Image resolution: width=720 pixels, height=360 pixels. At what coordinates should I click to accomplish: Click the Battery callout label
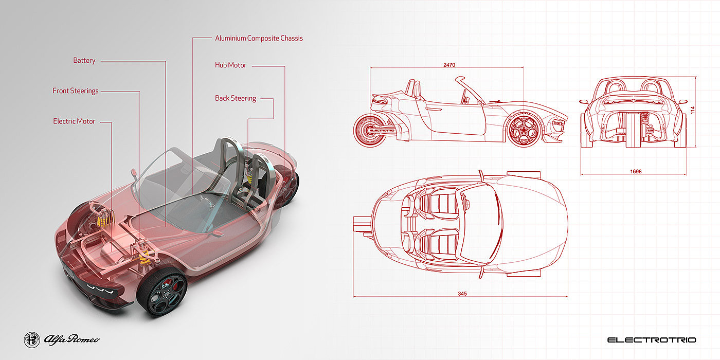[84, 61]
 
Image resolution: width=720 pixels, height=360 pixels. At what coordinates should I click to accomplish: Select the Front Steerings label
[75, 91]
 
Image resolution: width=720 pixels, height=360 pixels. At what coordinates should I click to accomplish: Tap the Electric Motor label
[74, 121]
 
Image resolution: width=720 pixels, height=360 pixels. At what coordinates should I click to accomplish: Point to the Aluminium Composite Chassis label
[259, 38]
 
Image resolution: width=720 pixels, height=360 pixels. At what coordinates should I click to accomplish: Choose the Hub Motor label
[230, 65]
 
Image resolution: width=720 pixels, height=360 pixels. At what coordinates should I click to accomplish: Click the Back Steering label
[235, 98]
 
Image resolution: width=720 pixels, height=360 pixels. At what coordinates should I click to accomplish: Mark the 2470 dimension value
[449, 65]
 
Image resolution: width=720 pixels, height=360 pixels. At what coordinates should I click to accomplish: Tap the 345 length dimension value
[462, 293]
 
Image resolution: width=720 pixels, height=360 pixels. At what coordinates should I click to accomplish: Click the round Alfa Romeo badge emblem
[32, 339]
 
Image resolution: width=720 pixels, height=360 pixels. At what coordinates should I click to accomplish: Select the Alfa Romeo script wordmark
[72, 339]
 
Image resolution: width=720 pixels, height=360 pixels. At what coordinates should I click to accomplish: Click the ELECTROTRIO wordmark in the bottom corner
[651, 340]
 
